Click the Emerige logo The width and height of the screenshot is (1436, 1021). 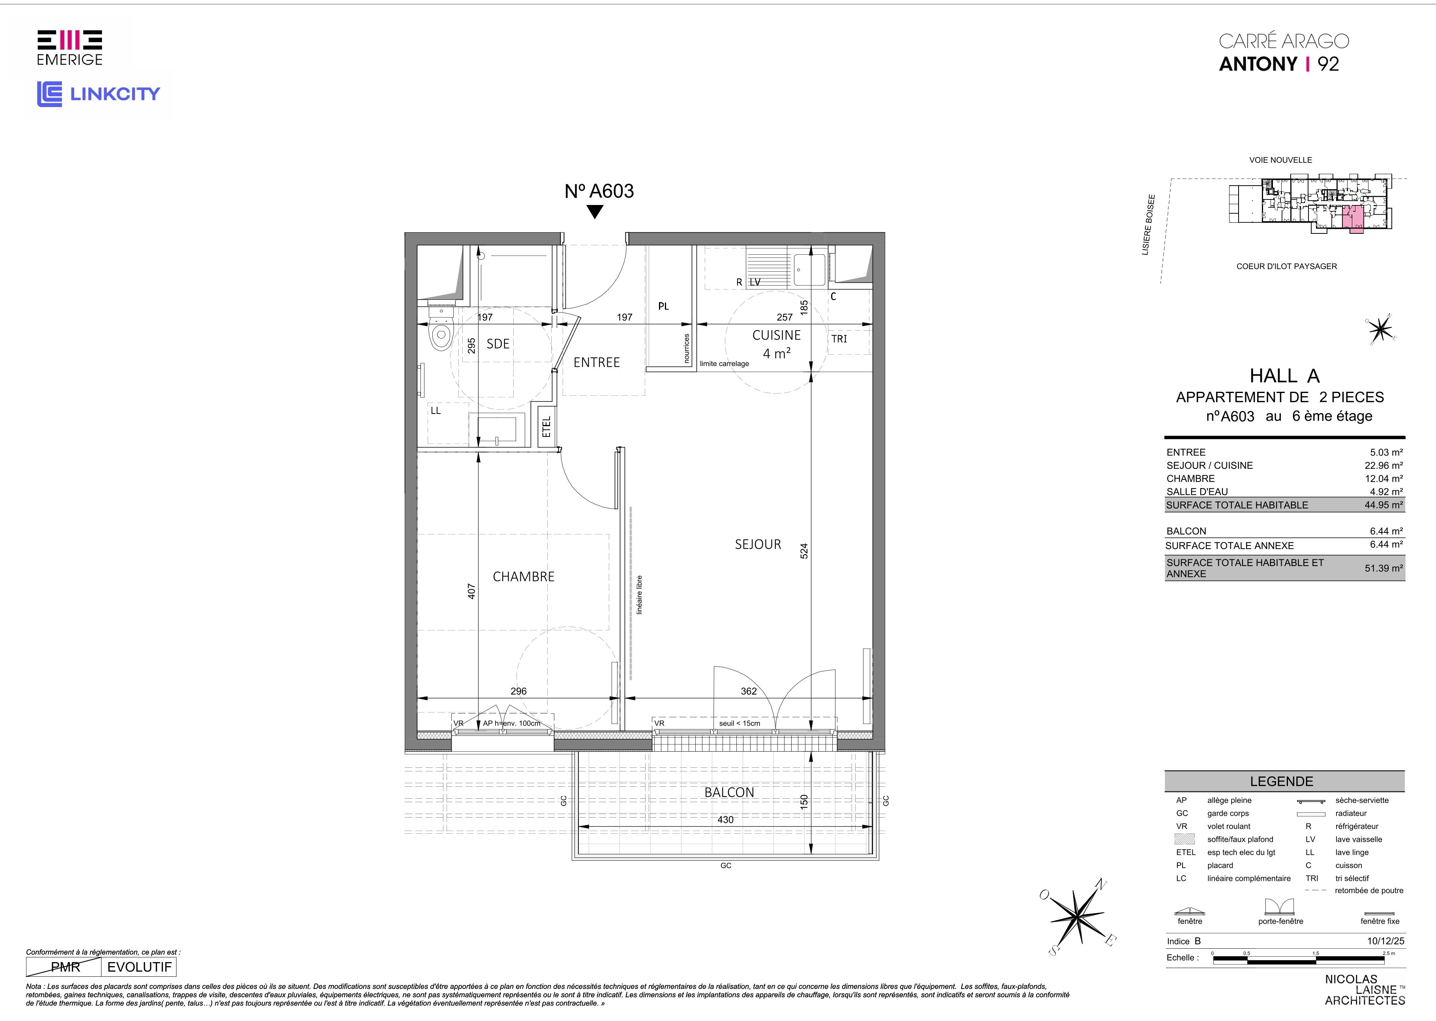(70, 48)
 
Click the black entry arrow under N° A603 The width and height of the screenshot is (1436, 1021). (595, 212)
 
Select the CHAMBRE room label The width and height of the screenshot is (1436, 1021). (524, 577)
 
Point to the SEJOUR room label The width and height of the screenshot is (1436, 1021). (758, 544)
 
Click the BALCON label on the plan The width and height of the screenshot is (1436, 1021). (729, 792)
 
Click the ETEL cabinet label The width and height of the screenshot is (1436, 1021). (546, 427)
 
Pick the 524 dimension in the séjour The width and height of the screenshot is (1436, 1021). (804, 551)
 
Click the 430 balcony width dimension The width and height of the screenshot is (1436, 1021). (725, 820)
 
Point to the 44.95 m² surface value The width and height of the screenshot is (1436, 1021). (1384, 505)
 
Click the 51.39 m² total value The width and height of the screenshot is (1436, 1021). (1384, 568)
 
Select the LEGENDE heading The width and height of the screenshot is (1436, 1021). (1281, 782)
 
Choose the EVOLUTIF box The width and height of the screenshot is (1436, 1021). (139, 967)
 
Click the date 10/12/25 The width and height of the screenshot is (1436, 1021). (1385, 941)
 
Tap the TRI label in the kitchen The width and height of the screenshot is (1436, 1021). (839, 339)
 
